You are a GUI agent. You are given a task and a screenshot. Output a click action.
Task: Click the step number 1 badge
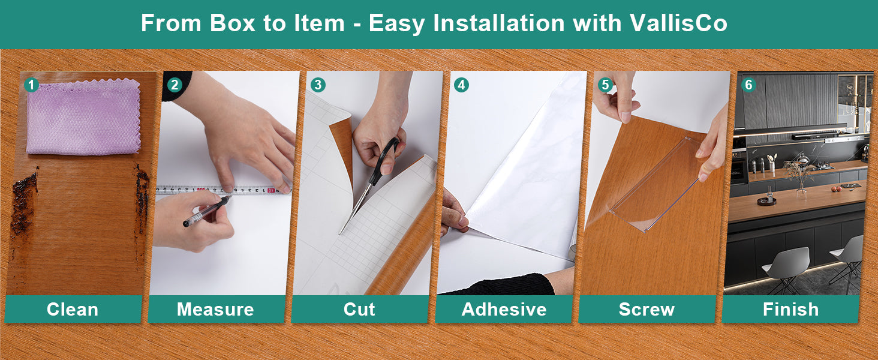[31, 85]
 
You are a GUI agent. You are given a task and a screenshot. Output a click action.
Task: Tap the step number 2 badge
[175, 85]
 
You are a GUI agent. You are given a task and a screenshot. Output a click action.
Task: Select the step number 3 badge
[318, 85]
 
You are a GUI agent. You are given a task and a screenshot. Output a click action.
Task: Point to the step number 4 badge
[461, 85]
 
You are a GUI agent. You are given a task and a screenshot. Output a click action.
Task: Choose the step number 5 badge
[605, 85]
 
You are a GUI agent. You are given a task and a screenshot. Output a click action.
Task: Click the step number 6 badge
[748, 85]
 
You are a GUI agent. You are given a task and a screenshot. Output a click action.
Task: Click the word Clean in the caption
[73, 310]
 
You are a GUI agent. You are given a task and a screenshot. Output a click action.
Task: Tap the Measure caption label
[215, 310]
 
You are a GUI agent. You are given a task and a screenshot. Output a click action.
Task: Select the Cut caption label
[359, 310]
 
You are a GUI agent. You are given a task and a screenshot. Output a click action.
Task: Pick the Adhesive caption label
[504, 310]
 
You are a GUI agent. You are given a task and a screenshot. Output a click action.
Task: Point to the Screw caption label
[647, 310]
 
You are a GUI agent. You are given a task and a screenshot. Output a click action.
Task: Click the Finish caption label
[791, 310]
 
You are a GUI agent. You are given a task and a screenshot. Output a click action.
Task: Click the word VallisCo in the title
[679, 23]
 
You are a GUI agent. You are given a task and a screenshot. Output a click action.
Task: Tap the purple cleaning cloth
[83, 117]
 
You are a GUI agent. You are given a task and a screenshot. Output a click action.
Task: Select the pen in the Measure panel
[207, 211]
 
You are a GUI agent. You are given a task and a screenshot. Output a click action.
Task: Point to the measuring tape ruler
[224, 190]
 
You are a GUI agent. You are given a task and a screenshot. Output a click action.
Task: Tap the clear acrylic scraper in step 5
[654, 184]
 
